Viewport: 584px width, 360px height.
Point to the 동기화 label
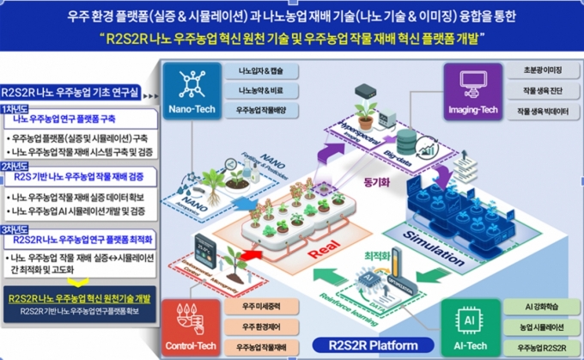tap(377, 183)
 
